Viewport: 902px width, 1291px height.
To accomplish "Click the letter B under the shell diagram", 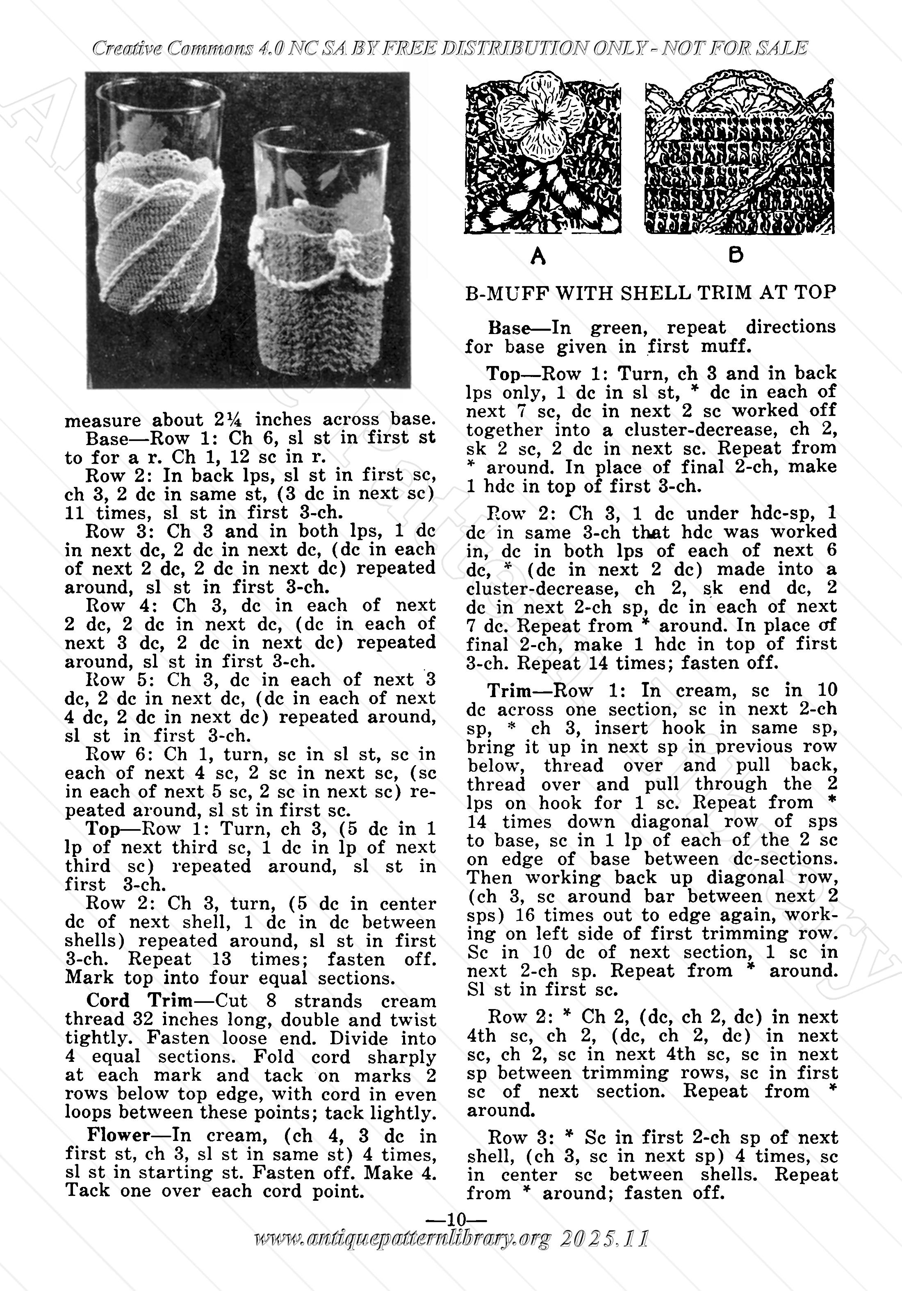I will [735, 255].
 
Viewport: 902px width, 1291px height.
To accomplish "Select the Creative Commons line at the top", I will [450, 48].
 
